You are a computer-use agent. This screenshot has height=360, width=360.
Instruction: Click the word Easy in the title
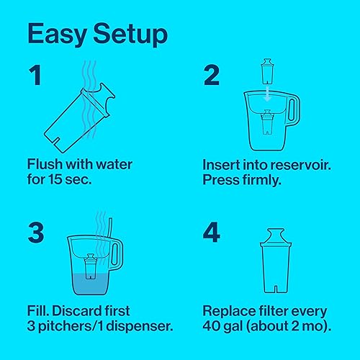pyautogui.click(x=58, y=34)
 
